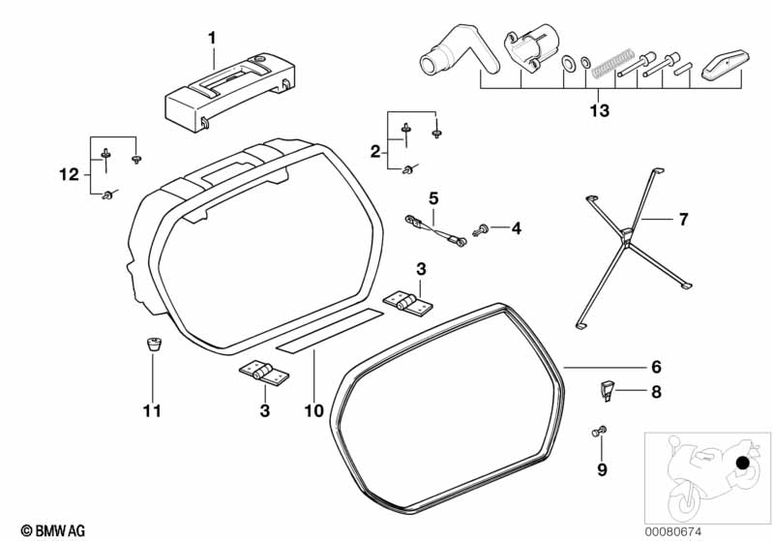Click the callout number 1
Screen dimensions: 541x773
(x=212, y=38)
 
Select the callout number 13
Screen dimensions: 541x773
(x=599, y=111)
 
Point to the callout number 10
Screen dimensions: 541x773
(x=312, y=411)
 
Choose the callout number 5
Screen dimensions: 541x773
(x=433, y=198)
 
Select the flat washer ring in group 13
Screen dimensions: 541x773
(x=570, y=63)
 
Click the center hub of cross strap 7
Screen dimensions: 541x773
(x=626, y=231)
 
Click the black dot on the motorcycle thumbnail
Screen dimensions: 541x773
(x=743, y=465)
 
